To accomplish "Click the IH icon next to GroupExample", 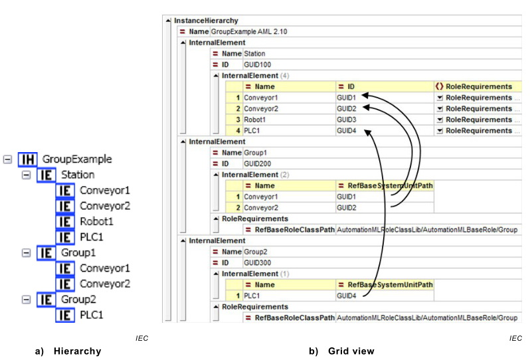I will pos(28,159).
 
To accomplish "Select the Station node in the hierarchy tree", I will pos(78,175).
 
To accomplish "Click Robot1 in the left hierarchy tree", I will pos(98,221).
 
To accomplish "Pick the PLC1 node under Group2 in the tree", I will pos(92,315).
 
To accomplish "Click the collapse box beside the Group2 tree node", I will pos(25,300).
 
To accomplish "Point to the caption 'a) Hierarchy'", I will pos(68,351).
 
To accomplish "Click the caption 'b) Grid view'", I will pos(341,351).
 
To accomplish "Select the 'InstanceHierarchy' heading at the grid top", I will pos(206,21).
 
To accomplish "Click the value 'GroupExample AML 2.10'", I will pos(249,31).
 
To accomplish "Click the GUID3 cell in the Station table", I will pos(346,120).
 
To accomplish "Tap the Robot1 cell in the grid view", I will pos(256,120).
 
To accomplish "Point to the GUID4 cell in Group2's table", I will pos(346,296).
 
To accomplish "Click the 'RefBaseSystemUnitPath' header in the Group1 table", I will pos(385,186).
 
